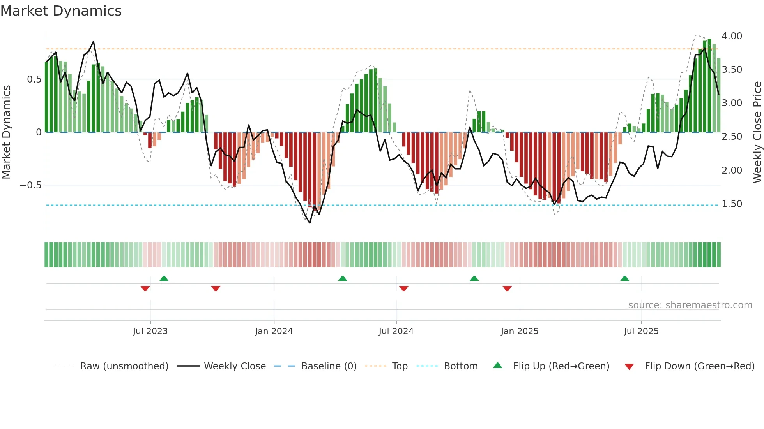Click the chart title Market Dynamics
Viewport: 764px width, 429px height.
[61, 11]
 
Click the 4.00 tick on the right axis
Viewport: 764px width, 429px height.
[732, 36]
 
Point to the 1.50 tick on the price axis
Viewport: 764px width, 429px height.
[732, 204]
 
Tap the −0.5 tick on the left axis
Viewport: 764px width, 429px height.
[30, 185]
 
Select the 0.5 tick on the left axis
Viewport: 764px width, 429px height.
[34, 79]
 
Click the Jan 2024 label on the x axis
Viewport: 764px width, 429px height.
[274, 331]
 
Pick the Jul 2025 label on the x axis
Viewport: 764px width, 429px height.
[641, 331]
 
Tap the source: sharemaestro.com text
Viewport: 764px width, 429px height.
[690, 305]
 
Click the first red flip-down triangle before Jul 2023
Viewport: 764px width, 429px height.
[145, 288]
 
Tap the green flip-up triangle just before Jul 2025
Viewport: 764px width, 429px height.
[624, 278]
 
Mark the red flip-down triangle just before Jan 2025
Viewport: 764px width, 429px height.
[507, 288]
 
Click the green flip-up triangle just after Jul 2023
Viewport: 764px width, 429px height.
[164, 278]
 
